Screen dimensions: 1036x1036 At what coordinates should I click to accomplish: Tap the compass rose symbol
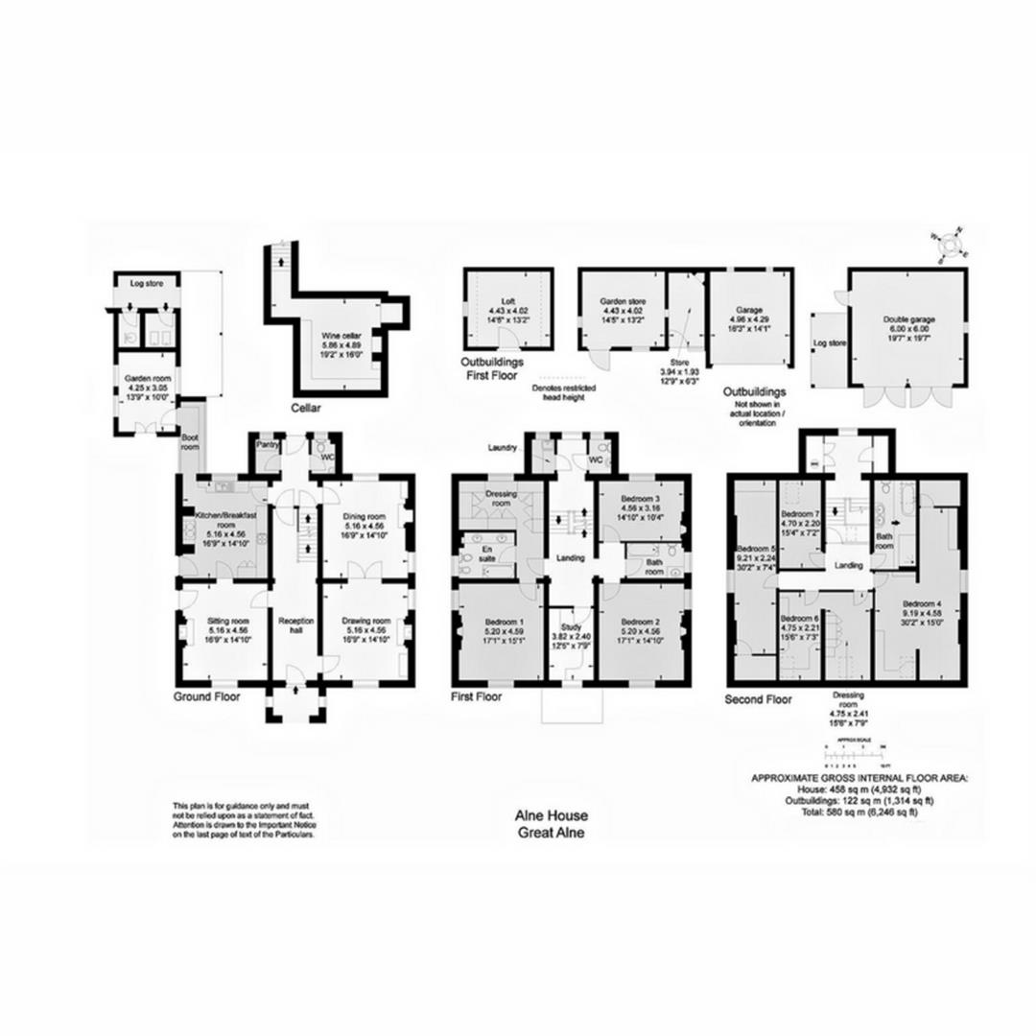coord(950,243)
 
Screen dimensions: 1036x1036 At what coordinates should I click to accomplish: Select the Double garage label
coord(907,320)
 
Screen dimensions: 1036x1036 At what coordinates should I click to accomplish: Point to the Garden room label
coord(147,379)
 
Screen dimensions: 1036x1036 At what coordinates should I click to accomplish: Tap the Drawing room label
coord(365,620)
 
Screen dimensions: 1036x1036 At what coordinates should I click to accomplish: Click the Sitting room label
coord(227,621)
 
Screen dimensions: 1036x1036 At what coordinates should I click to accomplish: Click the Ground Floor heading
coord(206,697)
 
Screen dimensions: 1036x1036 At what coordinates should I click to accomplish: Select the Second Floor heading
coord(758,700)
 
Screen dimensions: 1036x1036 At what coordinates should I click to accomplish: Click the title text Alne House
coord(552,815)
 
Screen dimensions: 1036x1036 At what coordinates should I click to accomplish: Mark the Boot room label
coord(190,441)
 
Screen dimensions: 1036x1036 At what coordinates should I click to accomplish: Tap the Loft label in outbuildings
coord(508,300)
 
